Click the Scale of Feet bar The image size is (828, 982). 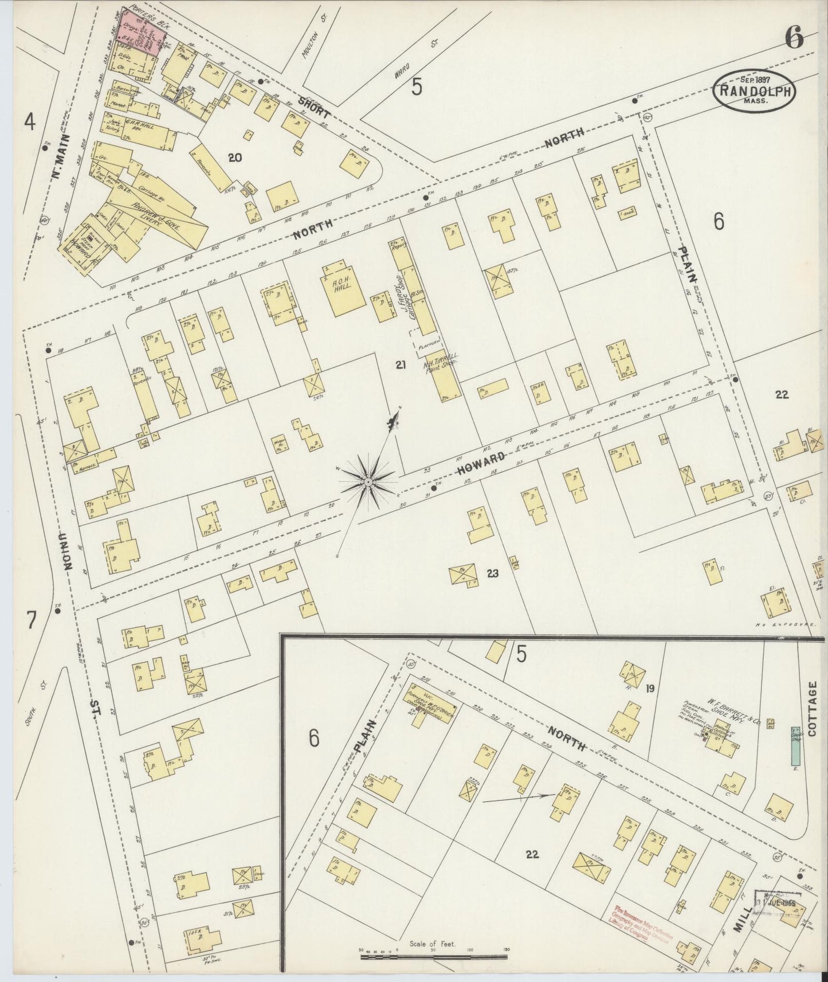pos(433,953)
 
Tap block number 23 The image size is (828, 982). pos(492,572)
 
